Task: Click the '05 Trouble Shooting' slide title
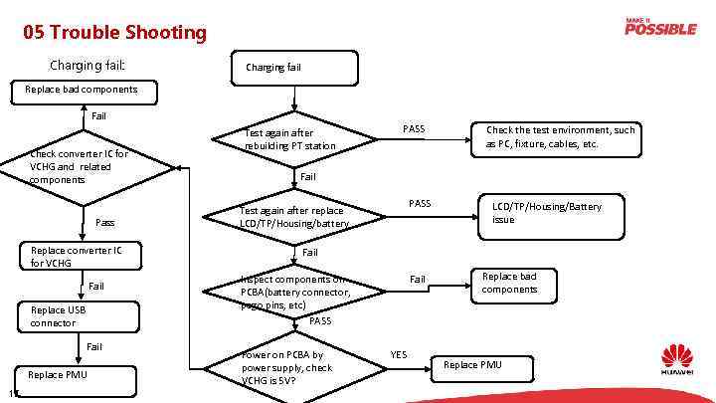click(x=115, y=33)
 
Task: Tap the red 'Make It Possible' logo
click(x=659, y=26)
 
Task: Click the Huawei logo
click(x=677, y=362)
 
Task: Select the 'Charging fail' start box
click(x=293, y=67)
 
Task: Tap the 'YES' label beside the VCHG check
click(x=399, y=354)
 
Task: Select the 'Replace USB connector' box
click(x=78, y=316)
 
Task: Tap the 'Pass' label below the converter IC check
click(x=105, y=223)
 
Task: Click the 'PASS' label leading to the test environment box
click(x=414, y=129)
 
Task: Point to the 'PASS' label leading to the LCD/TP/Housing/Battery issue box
click(x=420, y=204)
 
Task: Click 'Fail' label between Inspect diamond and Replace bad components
click(x=419, y=280)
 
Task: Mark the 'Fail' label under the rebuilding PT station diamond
click(x=308, y=177)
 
